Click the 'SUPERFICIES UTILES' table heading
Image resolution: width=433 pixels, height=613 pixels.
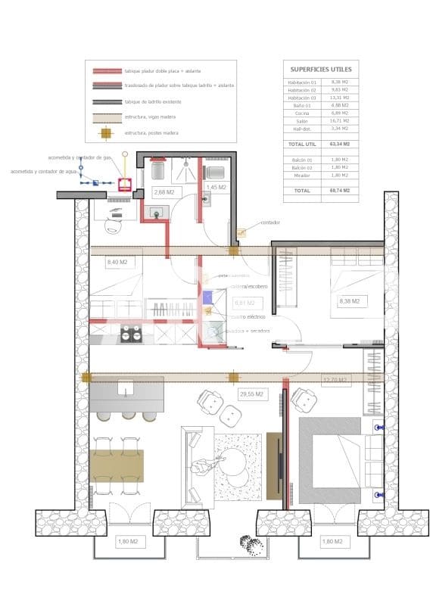tap(321, 70)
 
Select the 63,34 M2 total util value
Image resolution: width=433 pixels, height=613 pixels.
tap(339, 143)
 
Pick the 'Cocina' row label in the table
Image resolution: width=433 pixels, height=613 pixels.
tap(302, 113)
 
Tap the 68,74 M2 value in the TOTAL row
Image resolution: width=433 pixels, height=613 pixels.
tap(339, 191)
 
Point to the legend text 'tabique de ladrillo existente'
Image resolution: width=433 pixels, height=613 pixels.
tap(157, 101)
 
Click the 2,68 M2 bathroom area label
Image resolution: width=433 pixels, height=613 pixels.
tap(164, 192)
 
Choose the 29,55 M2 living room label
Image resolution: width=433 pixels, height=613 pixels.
tap(251, 394)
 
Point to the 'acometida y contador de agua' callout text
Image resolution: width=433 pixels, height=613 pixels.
tap(44, 172)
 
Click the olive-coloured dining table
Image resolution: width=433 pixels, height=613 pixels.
tap(117, 465)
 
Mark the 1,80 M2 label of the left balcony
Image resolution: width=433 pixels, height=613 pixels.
tap(127, 542)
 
